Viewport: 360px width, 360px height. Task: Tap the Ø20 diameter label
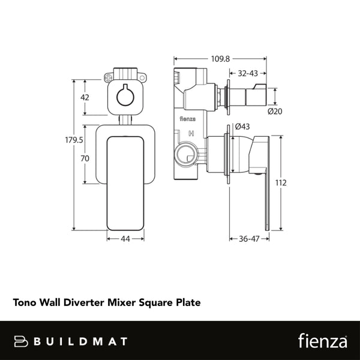[x=275, y=111]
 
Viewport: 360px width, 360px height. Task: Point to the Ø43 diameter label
[x=242, y=127]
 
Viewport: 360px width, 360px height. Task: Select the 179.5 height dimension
[x=74, y=140]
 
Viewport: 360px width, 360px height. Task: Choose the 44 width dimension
[x=125, y=239]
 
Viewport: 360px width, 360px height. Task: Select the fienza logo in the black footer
[x=322, y=341]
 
